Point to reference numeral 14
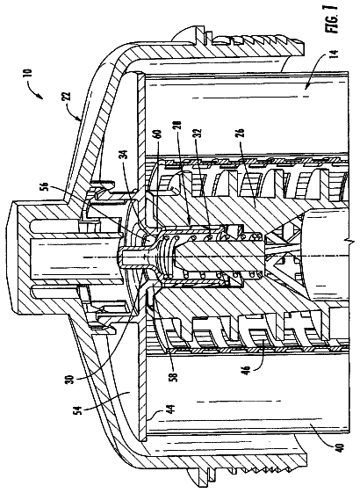click(335, 55)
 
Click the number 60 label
click(159, 137)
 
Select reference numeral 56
click(43, 185)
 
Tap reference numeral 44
click(171, 410)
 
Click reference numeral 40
click(342, 447)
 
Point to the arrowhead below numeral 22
click(80, 120)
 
